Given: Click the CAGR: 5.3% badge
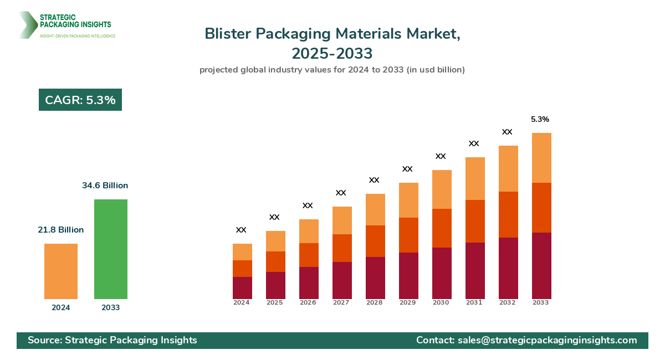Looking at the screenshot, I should [x=80, y=100].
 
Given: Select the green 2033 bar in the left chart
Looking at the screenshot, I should [x=111, y=249].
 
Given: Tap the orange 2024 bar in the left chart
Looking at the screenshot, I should [x=61, y=271].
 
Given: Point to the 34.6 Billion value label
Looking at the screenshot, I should [x=105, y=186].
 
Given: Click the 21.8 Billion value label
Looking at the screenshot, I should [x=61, y=230].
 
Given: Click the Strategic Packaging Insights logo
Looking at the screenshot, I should [x=66, y=25].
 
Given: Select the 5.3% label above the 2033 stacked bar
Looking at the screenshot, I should [x=540, y=119].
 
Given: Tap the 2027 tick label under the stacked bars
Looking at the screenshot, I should [x=341, y=303].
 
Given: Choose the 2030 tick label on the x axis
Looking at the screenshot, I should [x=441, y=303].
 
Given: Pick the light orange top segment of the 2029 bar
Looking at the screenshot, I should [x=408, y=200].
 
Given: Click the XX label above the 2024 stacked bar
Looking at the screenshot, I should [x=241, y=230].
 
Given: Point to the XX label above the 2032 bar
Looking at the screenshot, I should [x=507, y=132].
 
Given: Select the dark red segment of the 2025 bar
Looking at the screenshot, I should [x=275, y=285].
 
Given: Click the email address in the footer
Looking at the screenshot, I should [x=547, y=340].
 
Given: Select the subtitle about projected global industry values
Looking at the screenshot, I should [x=332, y=70].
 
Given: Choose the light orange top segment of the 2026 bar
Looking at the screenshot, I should [x=309, y=231].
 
